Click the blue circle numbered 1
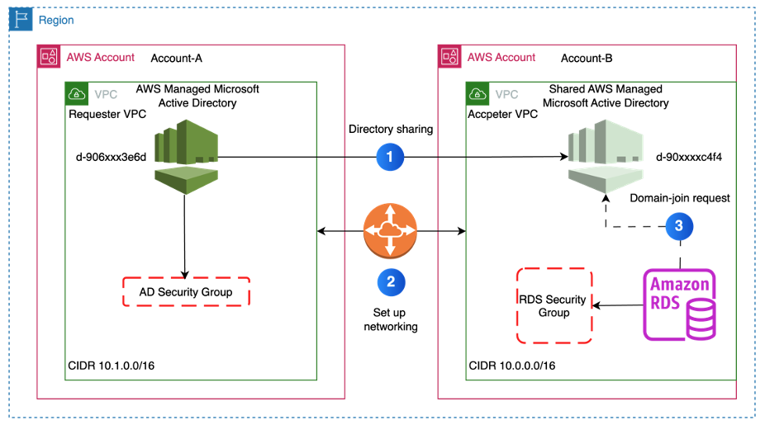(x=390, y=157)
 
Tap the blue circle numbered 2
(x=391, y=282)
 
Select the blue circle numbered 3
(x=679, y=226)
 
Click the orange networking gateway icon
(x=390, y=230)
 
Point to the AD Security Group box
(x=186, y=292)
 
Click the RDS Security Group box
(x=554, y=305)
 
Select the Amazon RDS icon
(x=680, y=305)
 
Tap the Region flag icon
(x=21, y=20)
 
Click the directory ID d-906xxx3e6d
(x=111, y=157)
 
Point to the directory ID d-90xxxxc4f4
(x=689, y=157)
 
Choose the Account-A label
(x=176, y=58)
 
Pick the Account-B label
(x=587, y=58)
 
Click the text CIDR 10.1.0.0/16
(x=112, y=366)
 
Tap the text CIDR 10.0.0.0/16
(x=511, y=366)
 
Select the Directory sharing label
(x=391, y=130)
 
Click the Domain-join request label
(x=680, y=198)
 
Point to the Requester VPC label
(x=107, y=114)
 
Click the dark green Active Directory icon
(x=187, y=157)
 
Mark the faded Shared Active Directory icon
(x=606, y=157)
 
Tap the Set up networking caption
(x=391, y=319)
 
